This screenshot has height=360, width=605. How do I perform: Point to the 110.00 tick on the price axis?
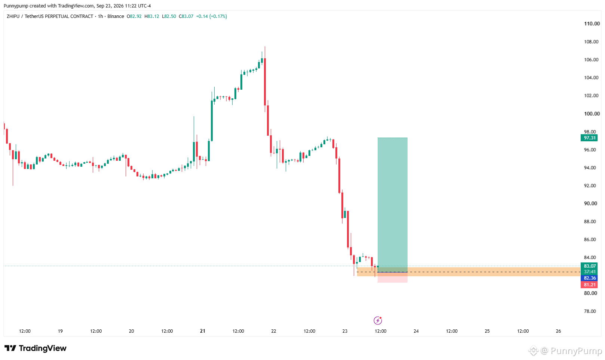coord(592,24)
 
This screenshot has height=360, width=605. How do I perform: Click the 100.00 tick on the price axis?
coord(592,114)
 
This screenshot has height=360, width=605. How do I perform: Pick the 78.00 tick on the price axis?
coord(590,311)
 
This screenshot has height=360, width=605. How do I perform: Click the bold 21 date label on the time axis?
coord(203,331)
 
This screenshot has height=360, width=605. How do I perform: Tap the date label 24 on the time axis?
coord(416,331)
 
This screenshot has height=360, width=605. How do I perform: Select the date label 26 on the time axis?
coord(558,331)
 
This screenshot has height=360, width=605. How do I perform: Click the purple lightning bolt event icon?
coord(378,321)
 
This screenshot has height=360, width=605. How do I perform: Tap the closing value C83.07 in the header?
coord(186,16)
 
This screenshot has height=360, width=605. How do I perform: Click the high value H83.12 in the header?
coord(152,16)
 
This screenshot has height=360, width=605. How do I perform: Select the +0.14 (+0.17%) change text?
coord(211,16)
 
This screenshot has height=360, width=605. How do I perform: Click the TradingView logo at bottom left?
coord(36,348)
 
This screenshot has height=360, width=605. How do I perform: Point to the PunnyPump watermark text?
coord(576,351)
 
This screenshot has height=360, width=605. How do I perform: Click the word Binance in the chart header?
coord(116,16)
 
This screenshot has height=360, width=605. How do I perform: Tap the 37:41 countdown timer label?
coord(590,272)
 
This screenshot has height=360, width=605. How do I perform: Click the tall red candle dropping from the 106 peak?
coord(265,82)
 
